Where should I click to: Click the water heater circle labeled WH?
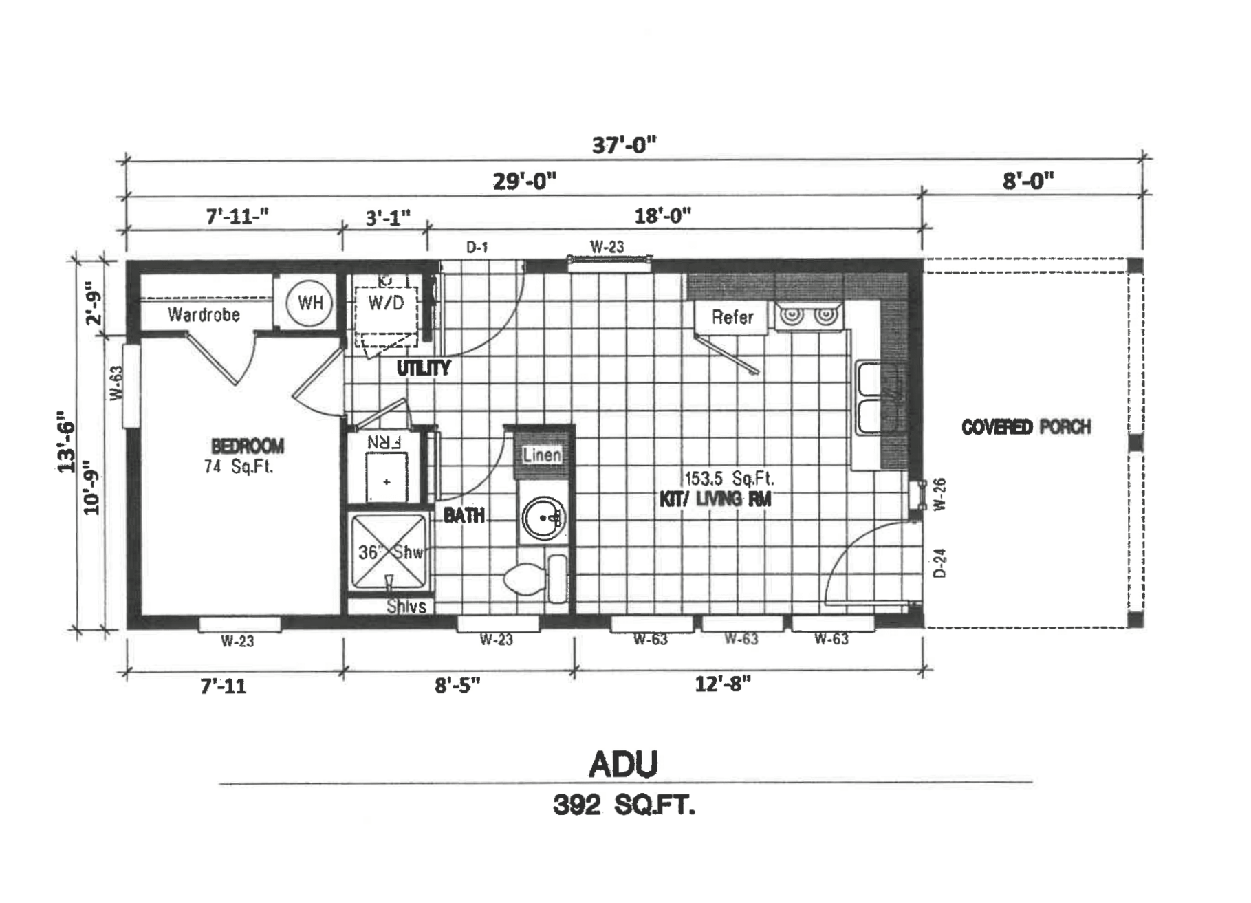tap(310, 303)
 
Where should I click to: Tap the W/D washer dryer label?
tap(386, 303)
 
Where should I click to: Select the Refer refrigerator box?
tap(732, 317)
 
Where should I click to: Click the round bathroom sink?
tap(543, 518)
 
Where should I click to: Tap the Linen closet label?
tap(542, 455)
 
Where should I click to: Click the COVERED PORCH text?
tap(1025, 427)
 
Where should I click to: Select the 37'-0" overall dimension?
tap(624, 145)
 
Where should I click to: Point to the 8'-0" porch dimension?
tap(1027, 181)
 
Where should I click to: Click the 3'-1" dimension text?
tap(388, 217)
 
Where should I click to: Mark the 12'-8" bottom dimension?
tap(722, 684)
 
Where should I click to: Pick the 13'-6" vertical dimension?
tap(66, 442)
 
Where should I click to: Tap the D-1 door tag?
tap(477, 247)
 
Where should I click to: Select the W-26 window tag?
tap(942, 494)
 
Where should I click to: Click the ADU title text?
tap(623, 764)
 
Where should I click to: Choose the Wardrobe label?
tap(204, 315)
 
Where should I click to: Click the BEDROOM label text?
tap(247, 446)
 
